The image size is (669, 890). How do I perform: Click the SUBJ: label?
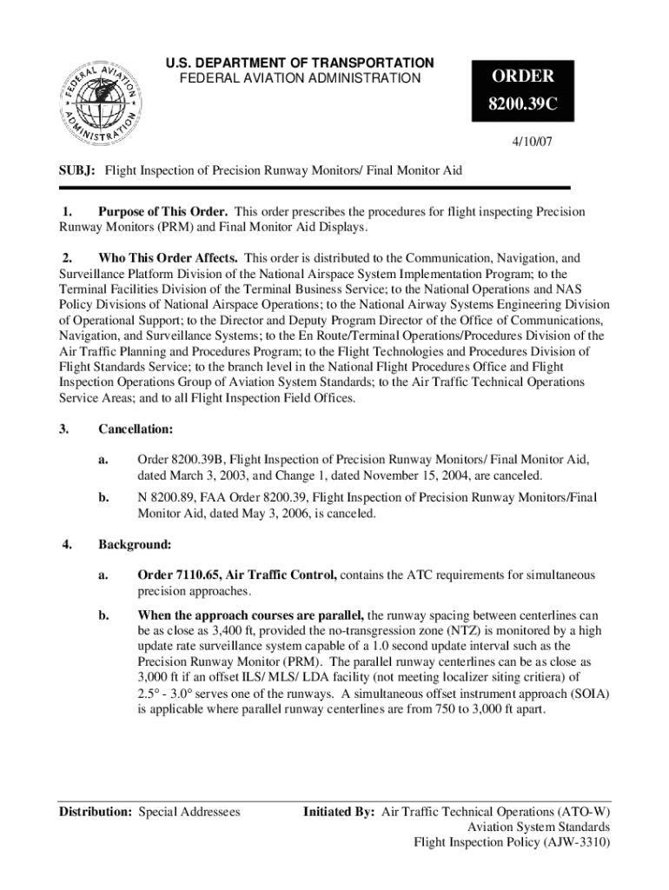coord(76,171)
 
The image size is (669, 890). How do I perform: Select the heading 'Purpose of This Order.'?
coord(163,212)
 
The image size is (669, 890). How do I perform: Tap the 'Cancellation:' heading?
coord(136,429)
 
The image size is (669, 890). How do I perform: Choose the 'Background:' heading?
coord(135,545)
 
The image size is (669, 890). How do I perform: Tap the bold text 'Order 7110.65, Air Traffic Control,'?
coord(237,575)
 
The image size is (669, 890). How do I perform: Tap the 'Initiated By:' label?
coord(339,812)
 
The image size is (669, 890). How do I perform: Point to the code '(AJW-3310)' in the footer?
coord(576,841)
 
